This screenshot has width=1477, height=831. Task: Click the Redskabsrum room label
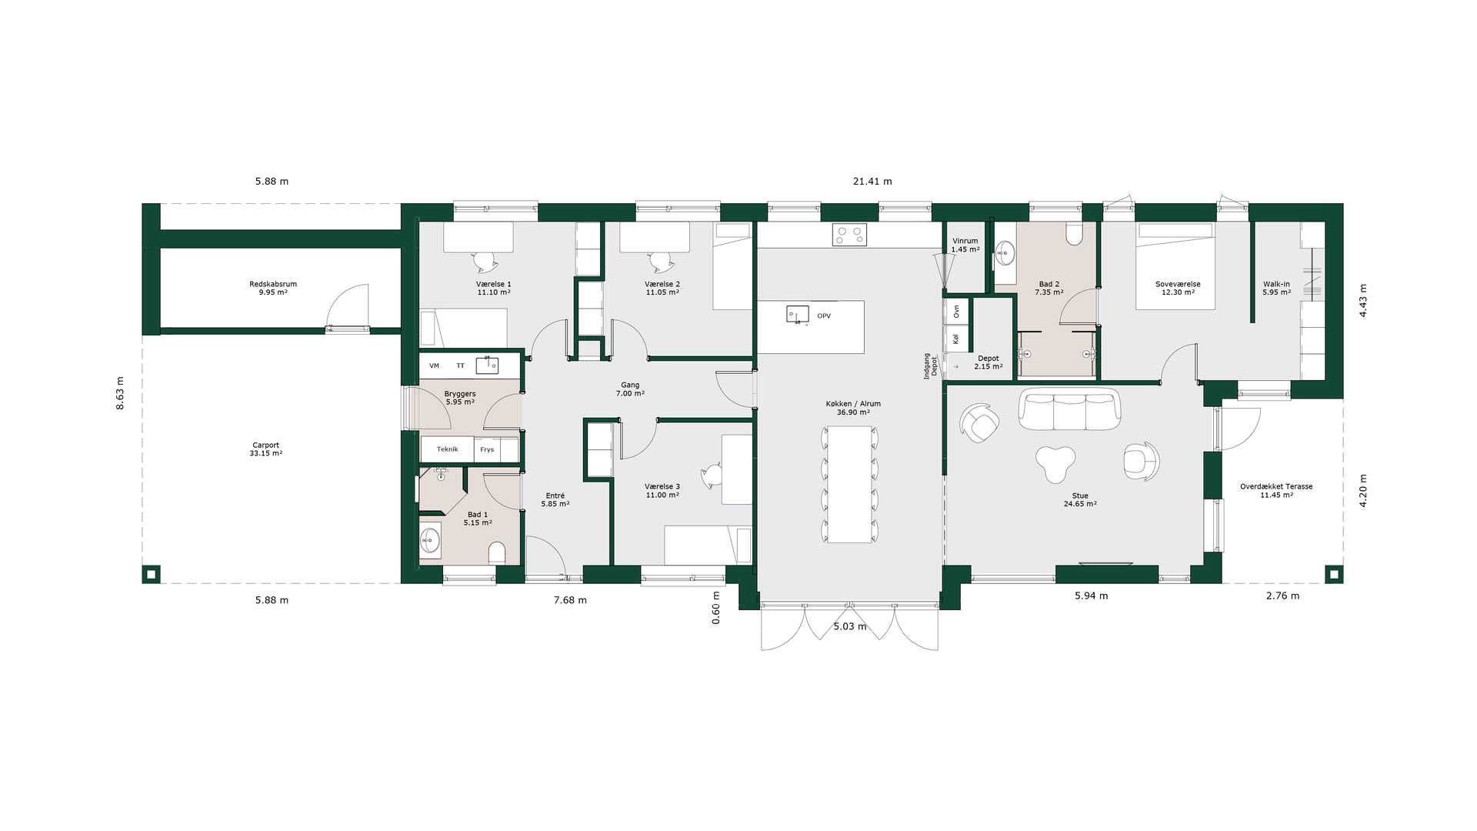pyautogui.click(x=273, y=284)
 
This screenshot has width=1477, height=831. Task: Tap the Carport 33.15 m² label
pyautogui.click(x=266, y=449)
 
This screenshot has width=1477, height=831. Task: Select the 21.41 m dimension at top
pyautogui.click(x=872, y=182)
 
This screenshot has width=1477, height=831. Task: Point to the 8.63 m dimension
pyautogui.click(x=120, y=393)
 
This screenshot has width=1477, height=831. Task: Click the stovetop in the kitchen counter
pyautogui.click(x=849, y=235)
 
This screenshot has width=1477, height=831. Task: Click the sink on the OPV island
pyautogui.click(x=797, y=314)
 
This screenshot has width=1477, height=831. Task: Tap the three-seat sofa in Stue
pyautogui.click(x=1069, y=409)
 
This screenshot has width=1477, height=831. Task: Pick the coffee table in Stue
pyautogui.click(x=1055, y=463)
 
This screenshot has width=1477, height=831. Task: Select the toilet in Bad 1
pyautogui.click(x=497, y=552)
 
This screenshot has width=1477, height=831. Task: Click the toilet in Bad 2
pyautogui.click(x=1075, y=233)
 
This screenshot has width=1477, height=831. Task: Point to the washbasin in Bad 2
pyautogui.click(x=1005, y=252)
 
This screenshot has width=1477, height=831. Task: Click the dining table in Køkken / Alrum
pyautogui.click(x=849, y=484)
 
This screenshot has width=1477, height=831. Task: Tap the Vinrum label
pyautogui.click(x=965, y=241)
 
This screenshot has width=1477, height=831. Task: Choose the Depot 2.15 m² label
pyautogui.click(x=989, y=362)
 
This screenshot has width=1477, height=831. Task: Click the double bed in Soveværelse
pyautogui.click(x=1175, y=266)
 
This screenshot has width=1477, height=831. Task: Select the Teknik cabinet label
pyautogui.click(x=447, y=449)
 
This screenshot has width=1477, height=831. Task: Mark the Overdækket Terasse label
pyautogui.click(x=1276, y=486)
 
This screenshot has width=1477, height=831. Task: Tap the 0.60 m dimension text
pyautogui.click(x=716, y=607)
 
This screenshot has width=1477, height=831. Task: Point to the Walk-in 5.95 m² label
pyautogui.click(x=1276, y=288)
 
